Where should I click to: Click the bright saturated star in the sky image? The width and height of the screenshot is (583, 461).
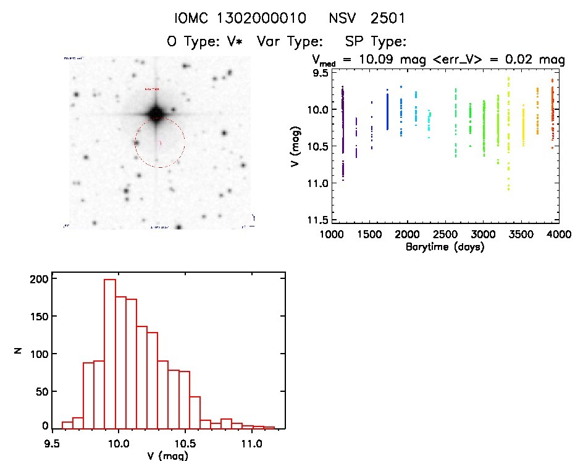[x=155, y=114]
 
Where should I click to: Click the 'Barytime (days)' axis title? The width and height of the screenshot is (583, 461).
[x=445, y=247]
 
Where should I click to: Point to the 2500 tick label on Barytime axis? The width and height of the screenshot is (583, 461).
[x=445, y=236]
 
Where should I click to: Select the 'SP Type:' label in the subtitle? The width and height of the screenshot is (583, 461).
[x=375, y=42]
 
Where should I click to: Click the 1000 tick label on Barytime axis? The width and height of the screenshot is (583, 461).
[x=332, y=236]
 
